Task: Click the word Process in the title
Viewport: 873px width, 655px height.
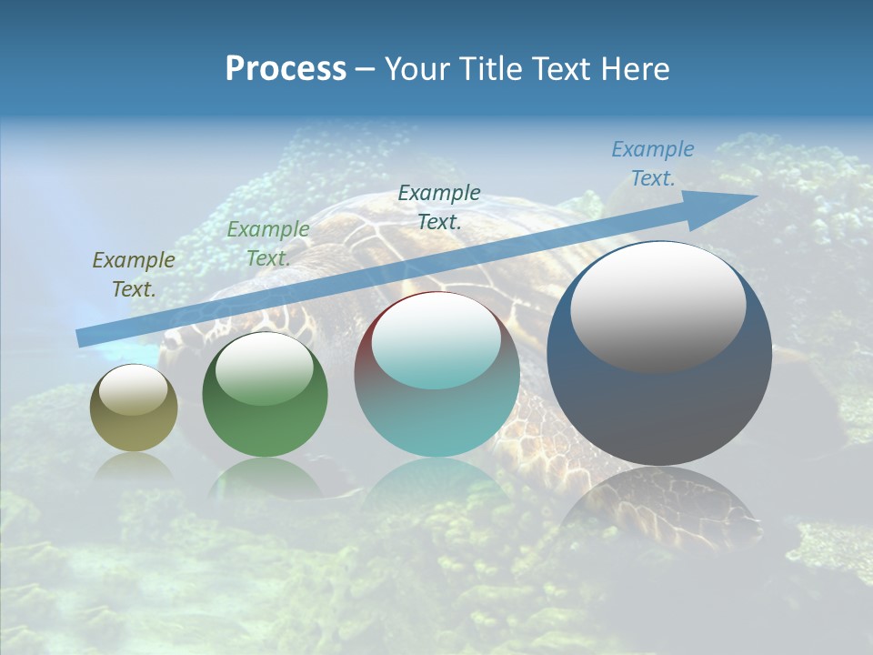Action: pyautogui.click(x=286, y=69)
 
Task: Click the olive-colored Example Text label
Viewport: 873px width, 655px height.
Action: pyautogui.click(x=134, y=275)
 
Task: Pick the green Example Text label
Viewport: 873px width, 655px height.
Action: pyautogui.click(x=268, y=244)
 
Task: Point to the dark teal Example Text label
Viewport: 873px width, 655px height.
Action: pyautogui.click(x=439, y=207)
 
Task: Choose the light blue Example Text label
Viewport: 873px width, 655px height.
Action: pyautogui.click(x=652, y=164)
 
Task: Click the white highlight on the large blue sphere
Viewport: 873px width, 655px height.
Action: pyautogui.click(x=657, y=306)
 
